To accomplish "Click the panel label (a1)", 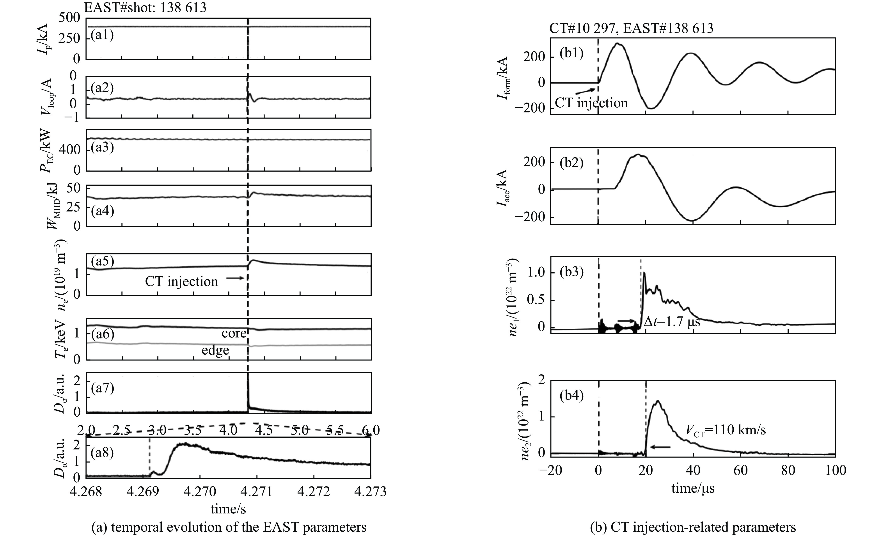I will (x=102, y=35).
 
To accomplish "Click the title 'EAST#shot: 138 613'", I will (x=145, y=7).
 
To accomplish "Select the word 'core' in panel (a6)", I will (x=234, y=333).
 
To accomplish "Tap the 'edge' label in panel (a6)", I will (x=215, y=350).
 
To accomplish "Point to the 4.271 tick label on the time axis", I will (x=256, y=492).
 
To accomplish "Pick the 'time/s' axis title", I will (x=228, y=509).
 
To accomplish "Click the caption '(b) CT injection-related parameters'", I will (x=693, y=527).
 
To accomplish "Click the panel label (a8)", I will (x=102, y=453).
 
